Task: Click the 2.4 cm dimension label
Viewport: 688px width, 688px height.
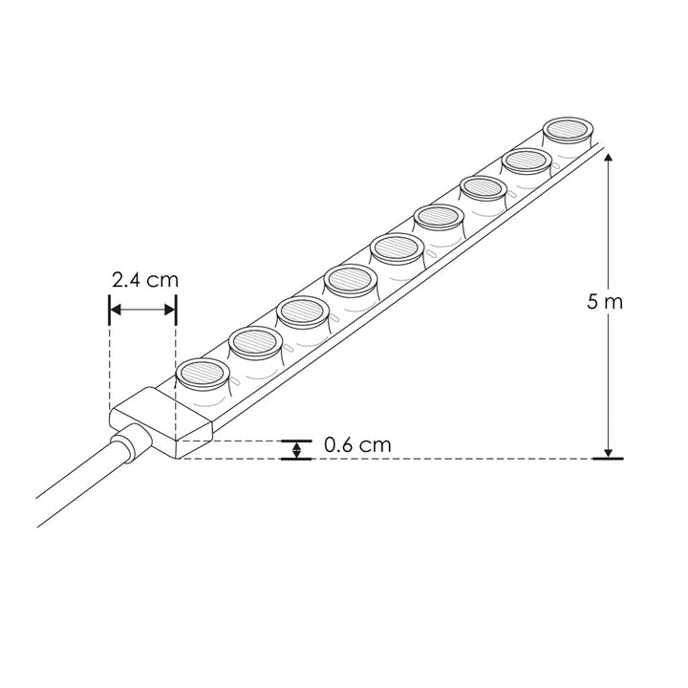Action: click(x=144, y=280)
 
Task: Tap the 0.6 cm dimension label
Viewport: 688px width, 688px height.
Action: click(x=357, y=445)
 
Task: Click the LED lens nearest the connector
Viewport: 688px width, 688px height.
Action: click(x=201, y=373)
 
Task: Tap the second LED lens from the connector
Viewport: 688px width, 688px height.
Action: click(x=254, y=341)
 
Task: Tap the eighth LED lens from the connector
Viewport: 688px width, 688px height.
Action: click(x=526, y=160)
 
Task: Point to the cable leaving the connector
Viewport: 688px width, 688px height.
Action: click(x=76, y=492)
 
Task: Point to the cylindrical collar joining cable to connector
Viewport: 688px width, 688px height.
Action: click(x=130, y=446)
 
